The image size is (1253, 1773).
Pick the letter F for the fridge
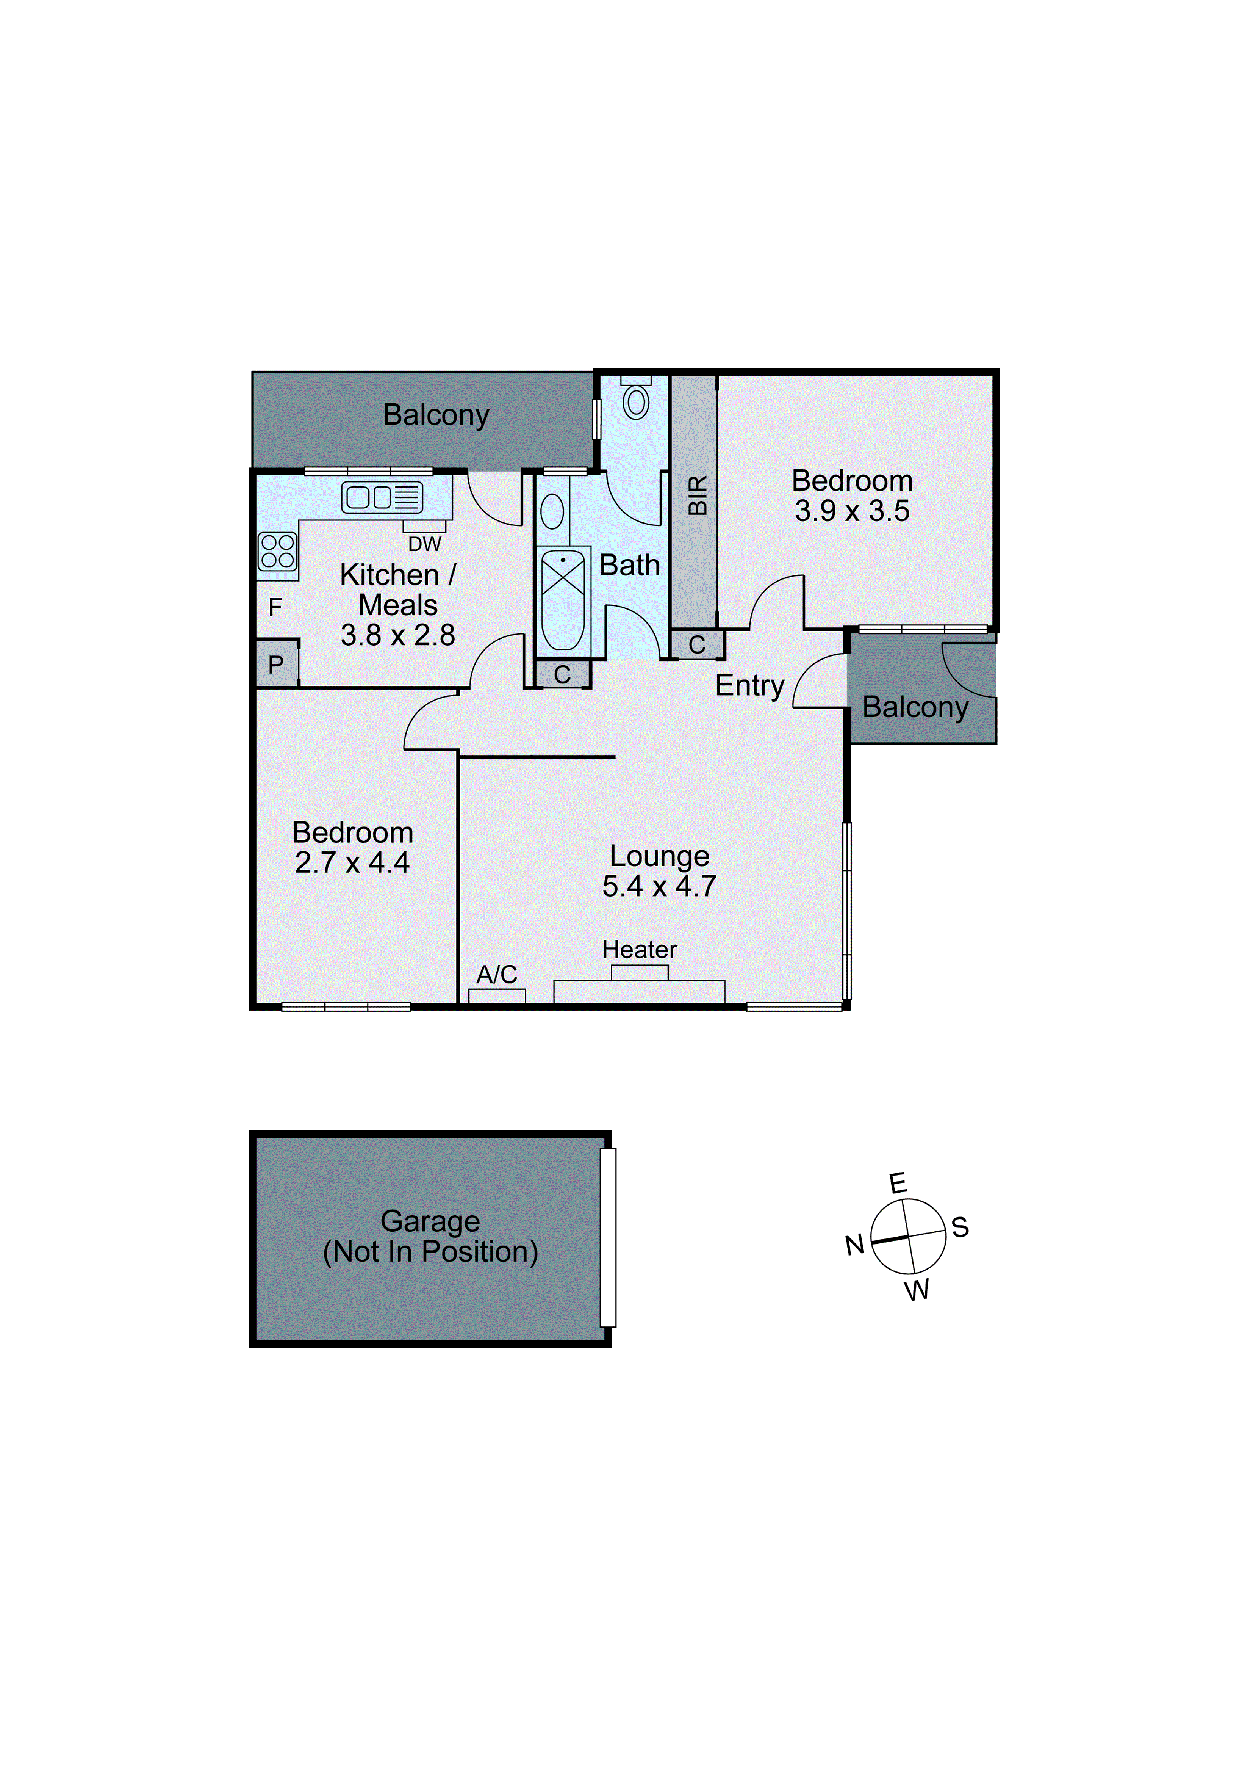click(275, 608)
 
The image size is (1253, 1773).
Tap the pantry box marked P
click(275, 664)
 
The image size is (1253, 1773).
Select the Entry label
click(749, 685)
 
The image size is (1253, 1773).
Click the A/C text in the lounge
click(496, 975)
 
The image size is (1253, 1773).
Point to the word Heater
click(639, 949)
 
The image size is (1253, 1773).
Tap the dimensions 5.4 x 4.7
click(659, 886)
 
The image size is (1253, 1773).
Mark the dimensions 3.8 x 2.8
click(397, 635)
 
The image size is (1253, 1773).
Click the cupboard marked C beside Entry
click(696, 645)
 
